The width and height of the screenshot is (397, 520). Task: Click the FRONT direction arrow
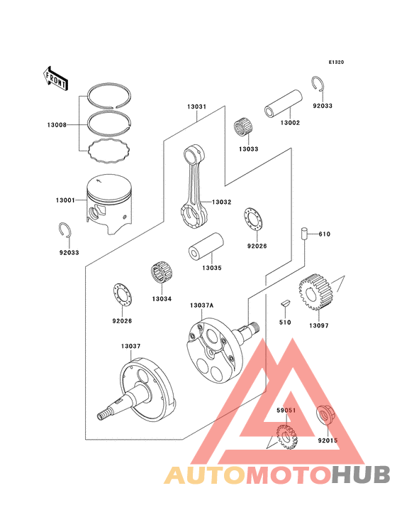click(x=56, y=78)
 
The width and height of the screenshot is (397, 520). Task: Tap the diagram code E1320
click(x=335, y=63)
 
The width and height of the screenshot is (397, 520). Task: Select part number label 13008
click(x=57, y=125)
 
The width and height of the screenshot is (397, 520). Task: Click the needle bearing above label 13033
click(x=245, y=129)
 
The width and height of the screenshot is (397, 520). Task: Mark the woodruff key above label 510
click(x=286, y=303)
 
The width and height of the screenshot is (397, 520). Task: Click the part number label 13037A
click(x=201, y=305)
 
